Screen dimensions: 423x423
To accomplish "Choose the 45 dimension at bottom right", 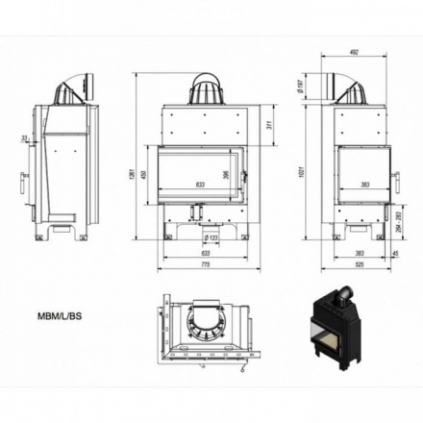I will (395, 253).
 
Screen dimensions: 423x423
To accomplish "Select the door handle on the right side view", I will (395, 179).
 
